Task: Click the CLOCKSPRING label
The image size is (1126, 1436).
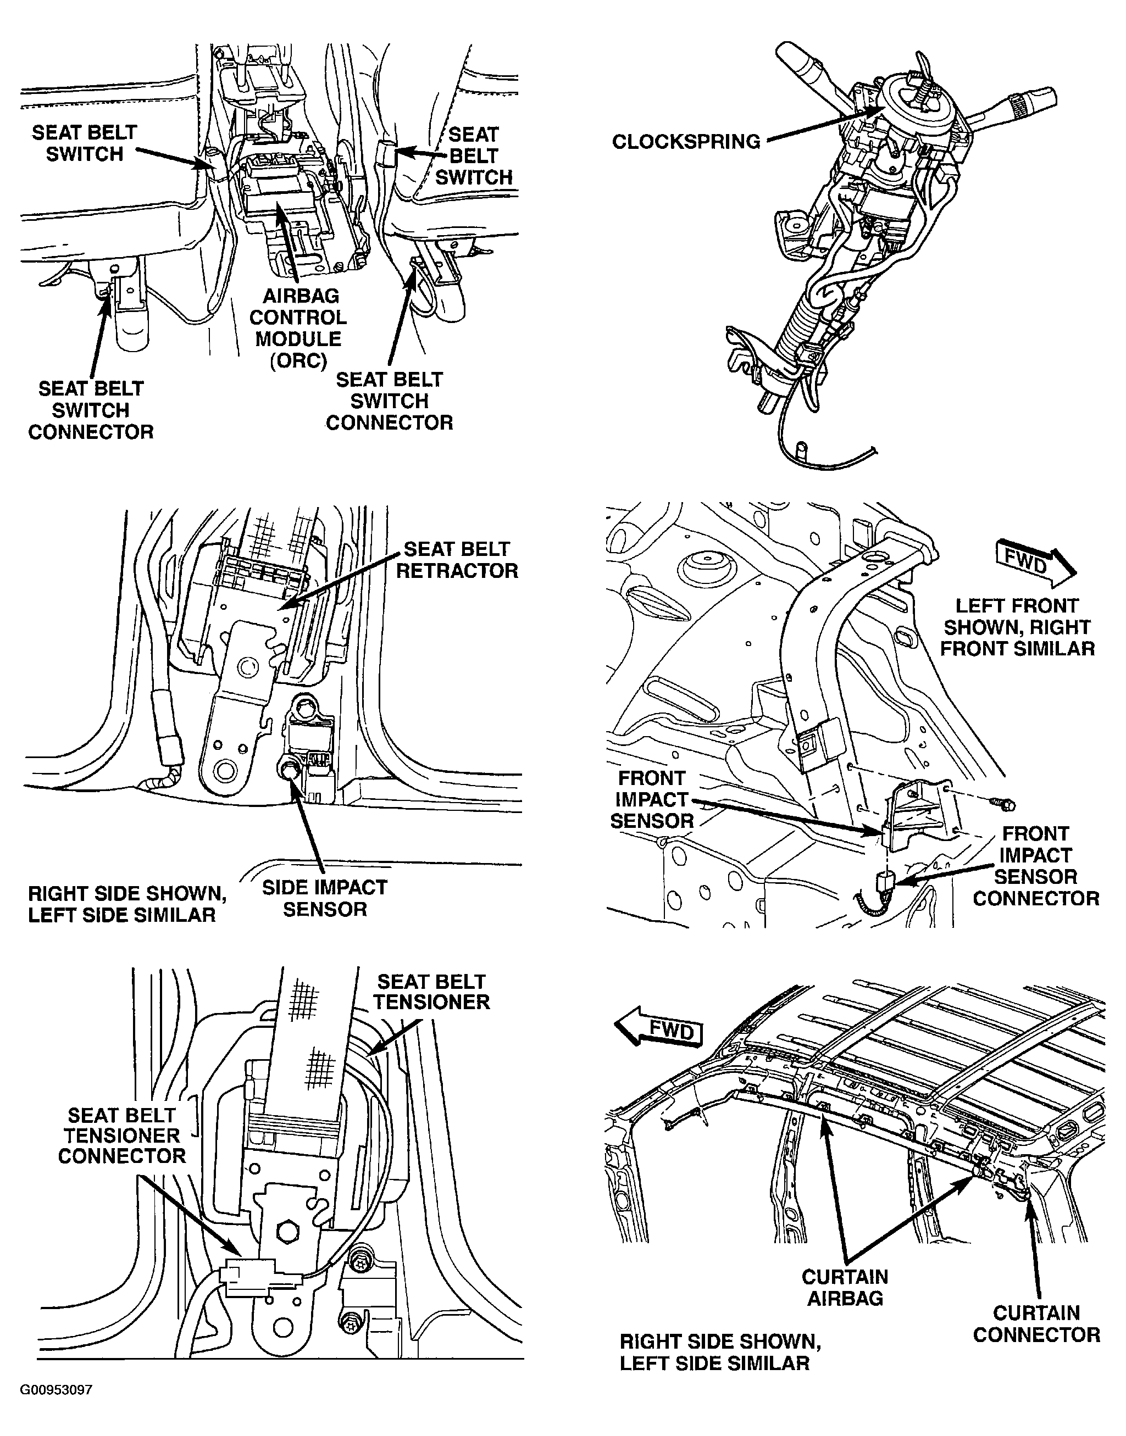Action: coord(686,142)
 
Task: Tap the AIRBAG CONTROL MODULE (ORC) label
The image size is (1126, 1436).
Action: coord(298,328)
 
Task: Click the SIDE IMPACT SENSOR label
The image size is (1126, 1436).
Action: coord(324,898)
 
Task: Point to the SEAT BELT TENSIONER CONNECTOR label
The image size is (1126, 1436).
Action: coord(122,1136)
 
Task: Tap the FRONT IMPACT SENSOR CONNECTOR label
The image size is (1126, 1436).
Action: coord(1036,866)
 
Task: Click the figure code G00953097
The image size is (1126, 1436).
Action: coord(56,1390)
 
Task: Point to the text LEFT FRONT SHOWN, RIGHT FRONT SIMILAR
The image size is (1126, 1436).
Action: coord(1017,627)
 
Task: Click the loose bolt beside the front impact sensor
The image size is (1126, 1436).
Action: coord(1001,803)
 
